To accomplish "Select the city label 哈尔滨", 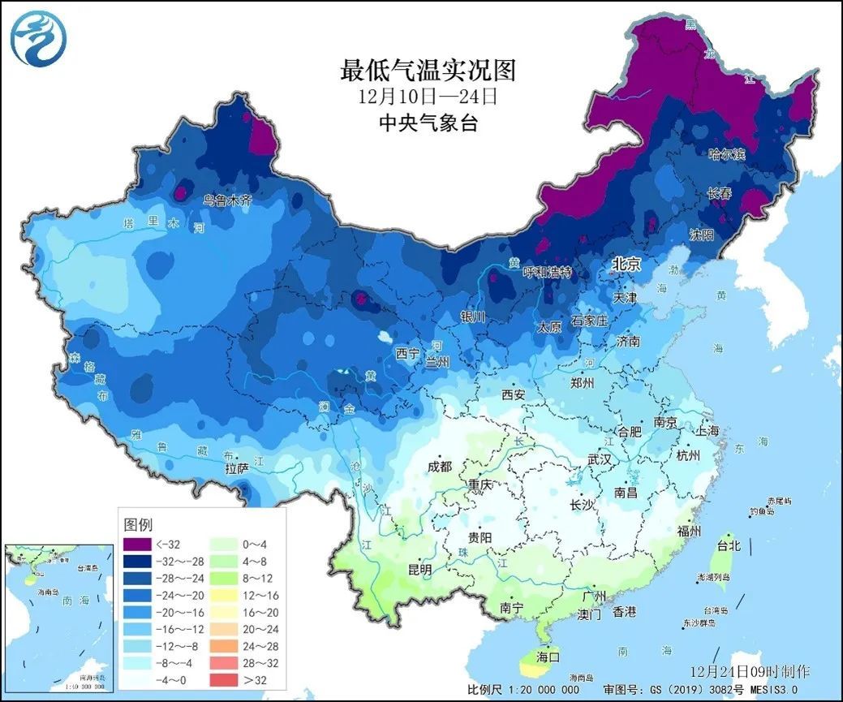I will point(726,153).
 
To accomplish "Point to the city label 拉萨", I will point(237,469).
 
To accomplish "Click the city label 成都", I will point(441,467).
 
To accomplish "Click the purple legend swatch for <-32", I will point(136,544).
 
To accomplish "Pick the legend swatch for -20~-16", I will point(136,611).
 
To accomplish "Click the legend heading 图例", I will point(138,524).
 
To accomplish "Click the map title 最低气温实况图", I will point(428,71).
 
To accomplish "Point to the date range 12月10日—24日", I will point(428,97).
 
